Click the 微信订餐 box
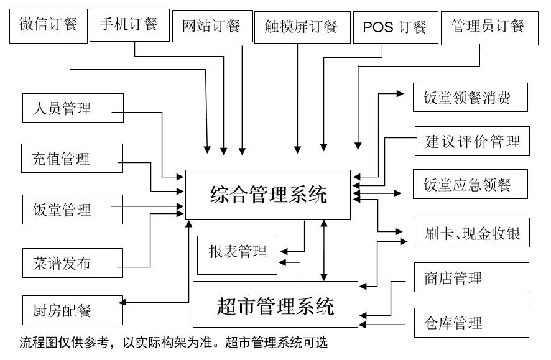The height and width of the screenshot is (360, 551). click(49, 26)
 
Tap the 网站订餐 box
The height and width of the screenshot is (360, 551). click(211, 27)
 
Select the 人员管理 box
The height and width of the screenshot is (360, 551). click(72, 109)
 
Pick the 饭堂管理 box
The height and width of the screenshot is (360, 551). click(72, 210)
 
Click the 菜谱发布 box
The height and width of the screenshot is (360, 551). click(72, 262)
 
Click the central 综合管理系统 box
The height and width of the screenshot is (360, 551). click(268, 195)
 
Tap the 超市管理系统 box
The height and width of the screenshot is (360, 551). click(275, 305)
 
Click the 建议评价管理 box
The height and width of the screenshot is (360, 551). click(472, 142)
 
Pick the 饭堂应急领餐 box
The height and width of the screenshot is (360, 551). click(471, 185)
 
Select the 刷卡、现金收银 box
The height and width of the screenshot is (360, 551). click(472, 233)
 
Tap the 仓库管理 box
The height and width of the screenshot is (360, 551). click(471, 323)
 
